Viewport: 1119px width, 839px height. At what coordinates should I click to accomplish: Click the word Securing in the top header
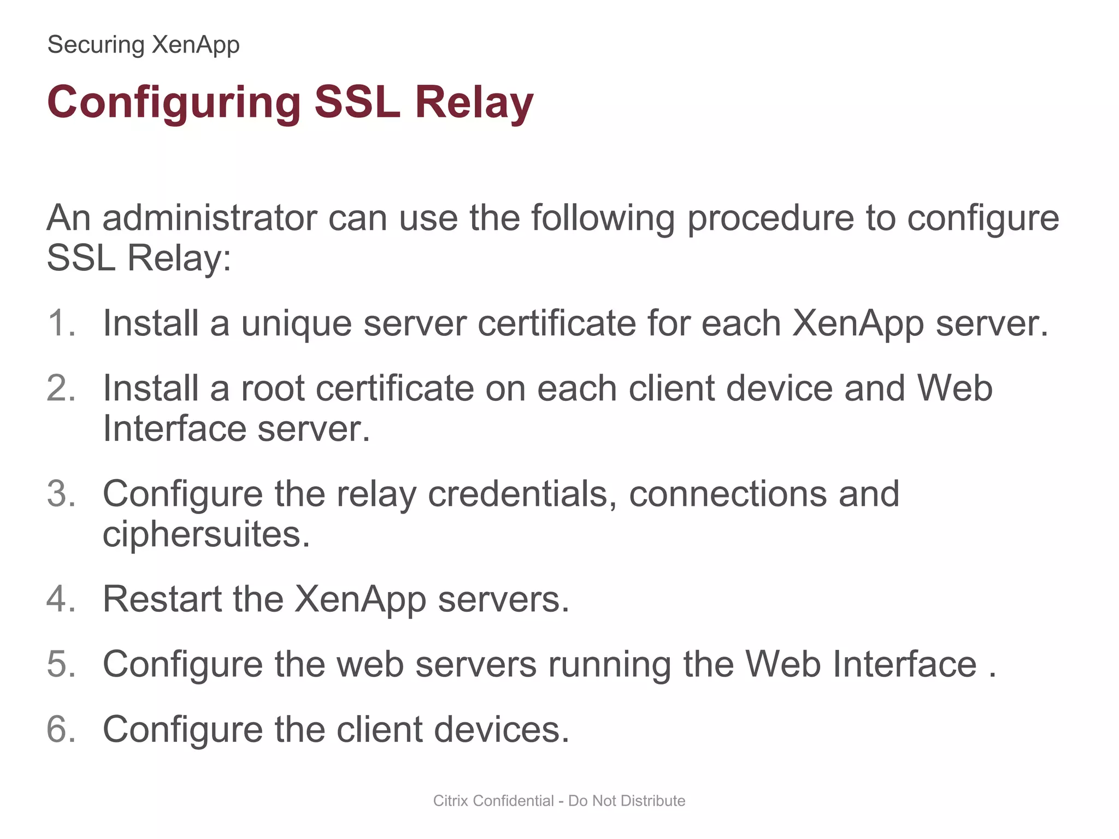(x=96, y=45)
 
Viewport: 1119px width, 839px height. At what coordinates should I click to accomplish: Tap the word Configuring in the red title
(x=174, y=103)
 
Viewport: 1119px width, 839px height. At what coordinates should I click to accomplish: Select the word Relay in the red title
(x=474, y=103)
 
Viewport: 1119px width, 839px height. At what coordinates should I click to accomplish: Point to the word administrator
(x=209, y=218)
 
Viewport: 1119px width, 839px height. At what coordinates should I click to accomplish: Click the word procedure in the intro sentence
(x=770, y=218)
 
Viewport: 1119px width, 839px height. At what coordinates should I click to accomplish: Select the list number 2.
(x=61, y=388)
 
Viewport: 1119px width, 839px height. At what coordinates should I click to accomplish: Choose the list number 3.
(x=61, y=494)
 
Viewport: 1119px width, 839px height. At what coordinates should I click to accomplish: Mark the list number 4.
(x=61, y=599)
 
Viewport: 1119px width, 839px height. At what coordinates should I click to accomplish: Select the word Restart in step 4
(x=162, y=599)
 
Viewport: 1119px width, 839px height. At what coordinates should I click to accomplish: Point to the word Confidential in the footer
(x=513, y=801)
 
